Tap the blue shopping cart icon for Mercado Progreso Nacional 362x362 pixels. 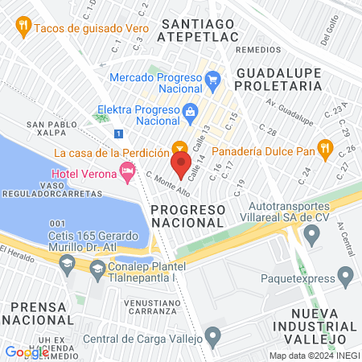pyautogui.click(x=212, y=79)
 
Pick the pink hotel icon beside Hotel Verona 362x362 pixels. pyautogui.click(x=126, y=171)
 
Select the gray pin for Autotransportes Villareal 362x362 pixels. pyautogui.click(x=312, y=233)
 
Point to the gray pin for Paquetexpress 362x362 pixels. pyautogui.click(x=346, y=278)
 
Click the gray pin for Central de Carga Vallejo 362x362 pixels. pyautogui.click(x=212, y=335)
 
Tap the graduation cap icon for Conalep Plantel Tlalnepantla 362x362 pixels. pyautogui.click(x=98, y=268)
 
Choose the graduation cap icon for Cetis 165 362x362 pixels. pyautogui.click(x=68, y=263)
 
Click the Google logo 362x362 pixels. pyautogui.click(x=27, y=352)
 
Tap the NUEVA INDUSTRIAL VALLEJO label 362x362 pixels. pyautogui.click(x=311, y=321)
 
